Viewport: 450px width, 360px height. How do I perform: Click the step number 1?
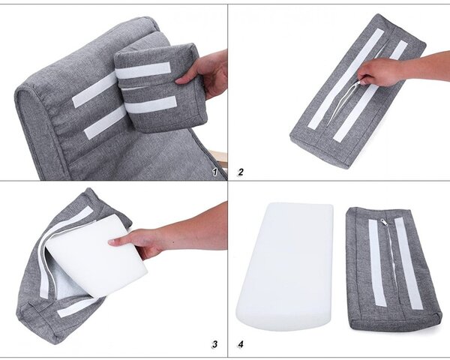215,172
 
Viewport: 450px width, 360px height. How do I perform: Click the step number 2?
241,172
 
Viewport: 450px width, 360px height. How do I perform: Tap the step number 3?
214,344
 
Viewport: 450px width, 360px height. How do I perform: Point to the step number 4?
241,344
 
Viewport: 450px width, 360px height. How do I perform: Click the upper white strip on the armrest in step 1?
94,90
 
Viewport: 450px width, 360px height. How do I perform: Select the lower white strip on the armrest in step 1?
105,122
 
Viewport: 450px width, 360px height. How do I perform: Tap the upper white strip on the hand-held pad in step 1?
143,70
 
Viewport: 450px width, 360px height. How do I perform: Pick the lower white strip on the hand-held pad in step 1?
151,104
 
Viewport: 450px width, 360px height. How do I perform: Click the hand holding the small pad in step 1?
202,73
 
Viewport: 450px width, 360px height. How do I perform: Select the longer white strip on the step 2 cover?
346,78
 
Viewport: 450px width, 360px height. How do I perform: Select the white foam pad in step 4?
285,266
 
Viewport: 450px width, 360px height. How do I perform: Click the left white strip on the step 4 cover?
377,262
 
